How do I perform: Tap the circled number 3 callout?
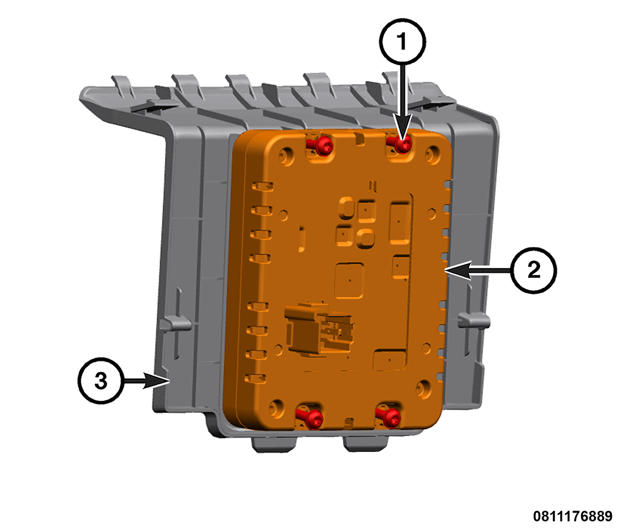click(101, 380)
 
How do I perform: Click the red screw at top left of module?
click(323, 146)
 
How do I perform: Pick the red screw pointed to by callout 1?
click(402, 144)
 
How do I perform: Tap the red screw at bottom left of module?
click(314, 418)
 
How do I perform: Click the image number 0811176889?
click(572, 517)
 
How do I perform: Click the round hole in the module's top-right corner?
click(434, 155)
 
